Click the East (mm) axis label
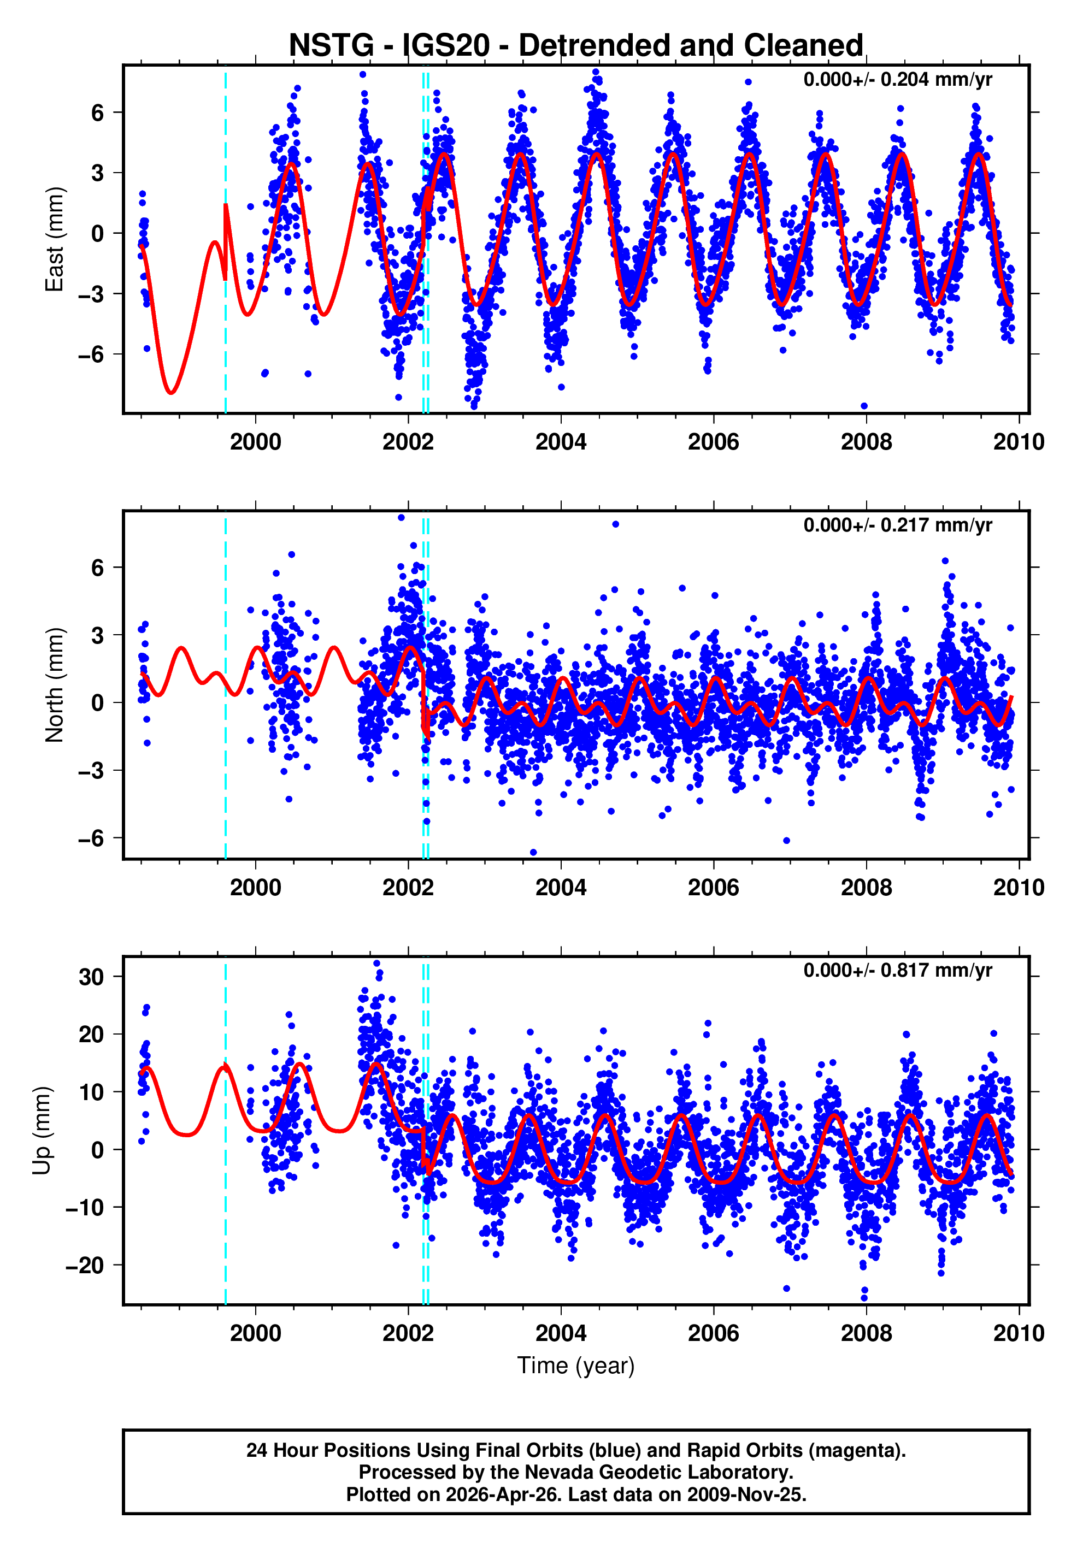[54, 239]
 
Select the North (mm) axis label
[54, 685]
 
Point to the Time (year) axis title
[575, 1364]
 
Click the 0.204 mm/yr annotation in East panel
[897, 80]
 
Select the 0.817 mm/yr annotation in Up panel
[897, 970]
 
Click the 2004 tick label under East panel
[561, 441]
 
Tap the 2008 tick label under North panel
[866, 887]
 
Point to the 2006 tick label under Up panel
[714, 1333]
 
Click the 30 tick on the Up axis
[91, 977]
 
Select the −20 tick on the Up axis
[84, 1266]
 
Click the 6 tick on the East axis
[98, 113]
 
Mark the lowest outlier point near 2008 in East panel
[864, 406]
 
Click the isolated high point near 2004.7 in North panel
[615, 524]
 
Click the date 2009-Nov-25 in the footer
[746, 1494]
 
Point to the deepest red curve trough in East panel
[171, 392]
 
